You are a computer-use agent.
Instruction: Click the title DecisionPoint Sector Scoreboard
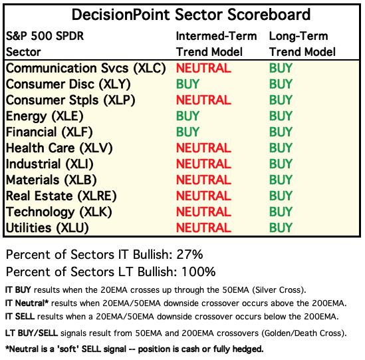point(191,15)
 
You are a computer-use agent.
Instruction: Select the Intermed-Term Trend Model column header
point(216,44)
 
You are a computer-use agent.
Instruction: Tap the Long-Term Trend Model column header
point(302,44)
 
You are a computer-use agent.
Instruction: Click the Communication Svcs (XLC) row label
point(86,69)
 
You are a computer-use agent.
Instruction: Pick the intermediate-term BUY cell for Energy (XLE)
point(187,116)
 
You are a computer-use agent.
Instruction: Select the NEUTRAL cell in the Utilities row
point(203,228)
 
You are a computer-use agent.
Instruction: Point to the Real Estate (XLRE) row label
point(61,196)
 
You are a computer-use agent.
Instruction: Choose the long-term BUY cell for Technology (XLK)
point(281,212)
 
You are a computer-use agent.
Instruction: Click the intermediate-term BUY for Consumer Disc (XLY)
point(187,84)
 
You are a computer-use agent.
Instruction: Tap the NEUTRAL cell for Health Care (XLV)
point(203,148)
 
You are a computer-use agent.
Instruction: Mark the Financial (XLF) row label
point(49,132)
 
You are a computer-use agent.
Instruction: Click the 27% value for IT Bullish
point(189,254)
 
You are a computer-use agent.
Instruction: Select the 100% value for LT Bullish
point(198,271)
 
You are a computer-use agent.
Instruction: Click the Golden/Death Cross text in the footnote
point(302,333)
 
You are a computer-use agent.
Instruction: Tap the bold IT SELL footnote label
point(20,317)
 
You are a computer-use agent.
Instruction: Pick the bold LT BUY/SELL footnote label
point(31,333)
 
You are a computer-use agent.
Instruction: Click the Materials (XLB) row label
point(51,180)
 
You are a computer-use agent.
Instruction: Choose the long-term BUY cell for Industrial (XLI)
point(281,164)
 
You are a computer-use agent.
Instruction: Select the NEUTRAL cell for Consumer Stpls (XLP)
point(203,100)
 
